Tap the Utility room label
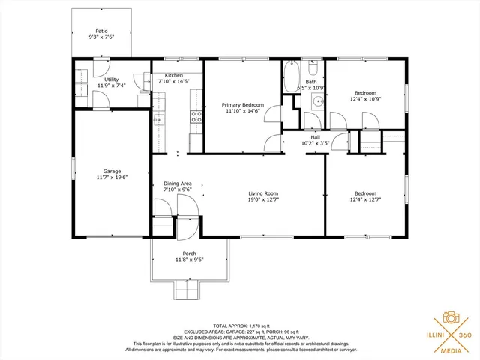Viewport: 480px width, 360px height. pos(111,79)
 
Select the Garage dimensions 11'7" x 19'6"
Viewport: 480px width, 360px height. pos(112,178)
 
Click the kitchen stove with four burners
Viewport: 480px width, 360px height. pos(196,116)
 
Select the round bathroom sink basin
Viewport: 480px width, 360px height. pos(318,101)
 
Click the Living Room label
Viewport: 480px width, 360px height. pos(263,193)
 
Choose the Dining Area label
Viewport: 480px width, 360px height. pos(178,184)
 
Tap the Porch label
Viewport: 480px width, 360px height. pos(189,253)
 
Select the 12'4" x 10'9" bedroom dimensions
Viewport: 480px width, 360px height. pos(365,99)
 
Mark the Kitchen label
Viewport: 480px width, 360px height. pos(174,75)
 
